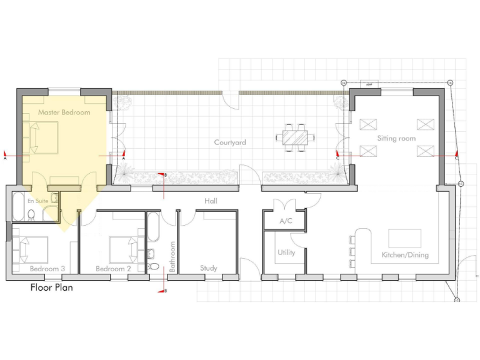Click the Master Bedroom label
[x=64, y=112]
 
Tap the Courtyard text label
[x=230, y=142]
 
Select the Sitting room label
[x=396, y=138]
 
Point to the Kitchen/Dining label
[x=405, y=255]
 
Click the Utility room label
[x=286, y=253]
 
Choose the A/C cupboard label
[x=286, y=221]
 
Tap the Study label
[x=209, y=268]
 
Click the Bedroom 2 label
[x=113, y=269]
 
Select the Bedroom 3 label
[x=47, y=269]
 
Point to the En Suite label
[x=37, y=201]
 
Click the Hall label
[x=211, y=201]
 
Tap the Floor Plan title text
[x=52, y=288]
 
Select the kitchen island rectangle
[x=404, y=238]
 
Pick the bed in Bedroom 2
[x=125, y=249]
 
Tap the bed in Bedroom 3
[x=31, y=249]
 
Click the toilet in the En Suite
[x=31, y=216]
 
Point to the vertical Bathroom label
[x=173, y=257]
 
